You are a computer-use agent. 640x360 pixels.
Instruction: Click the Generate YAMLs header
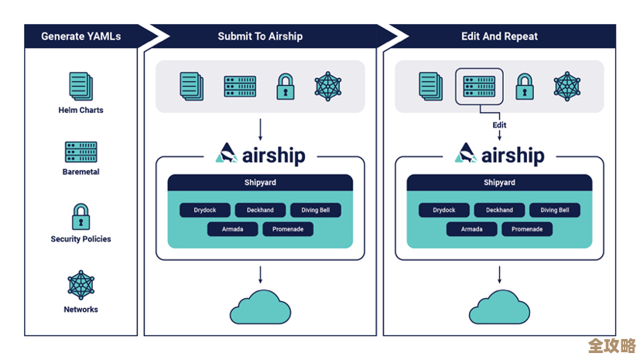pos(80,36)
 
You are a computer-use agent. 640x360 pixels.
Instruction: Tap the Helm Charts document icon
pos(80,86)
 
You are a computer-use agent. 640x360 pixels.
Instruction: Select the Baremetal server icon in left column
pos(80,152)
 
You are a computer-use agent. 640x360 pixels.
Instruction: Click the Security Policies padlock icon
pos(80,217)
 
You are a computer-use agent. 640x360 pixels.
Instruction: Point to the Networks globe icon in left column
pos(80,285)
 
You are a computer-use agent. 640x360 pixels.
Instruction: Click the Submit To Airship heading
pos(260,36)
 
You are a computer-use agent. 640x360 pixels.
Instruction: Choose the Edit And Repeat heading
pos(499,36)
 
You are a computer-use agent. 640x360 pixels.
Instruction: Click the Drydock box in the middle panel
pos(205,210)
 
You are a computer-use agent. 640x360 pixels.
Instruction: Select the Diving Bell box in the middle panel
pos(315,210)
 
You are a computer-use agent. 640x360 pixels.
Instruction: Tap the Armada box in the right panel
pos(471,229)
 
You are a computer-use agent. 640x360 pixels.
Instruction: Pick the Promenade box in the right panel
pos(527,229)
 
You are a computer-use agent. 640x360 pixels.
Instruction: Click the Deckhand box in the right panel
pos(499,210)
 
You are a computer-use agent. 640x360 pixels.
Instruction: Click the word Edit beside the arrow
pos(499,125)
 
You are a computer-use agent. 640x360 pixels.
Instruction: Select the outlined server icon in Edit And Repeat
pos(479,85)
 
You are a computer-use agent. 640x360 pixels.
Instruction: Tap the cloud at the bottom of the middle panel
pos(260,307)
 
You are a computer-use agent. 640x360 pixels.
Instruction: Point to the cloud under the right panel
pos(499,307)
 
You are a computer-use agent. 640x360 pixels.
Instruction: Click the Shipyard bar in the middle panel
pos(260,183)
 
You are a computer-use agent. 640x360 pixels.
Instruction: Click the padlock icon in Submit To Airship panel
pos(285,86)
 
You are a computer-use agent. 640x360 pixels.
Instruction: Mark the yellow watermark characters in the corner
pos(611,345)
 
